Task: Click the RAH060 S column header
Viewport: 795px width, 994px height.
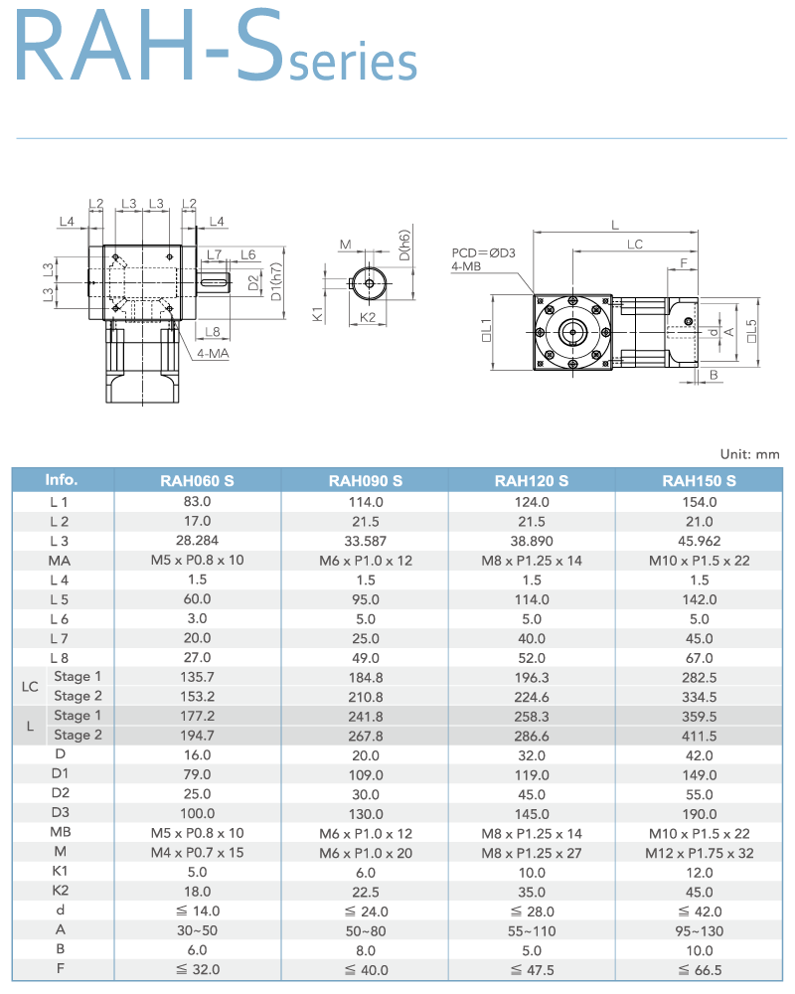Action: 197,481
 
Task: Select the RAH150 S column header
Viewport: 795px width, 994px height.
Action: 699,481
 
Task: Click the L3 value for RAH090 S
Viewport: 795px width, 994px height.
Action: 365,541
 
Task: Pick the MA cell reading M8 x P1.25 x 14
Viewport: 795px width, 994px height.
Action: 532,560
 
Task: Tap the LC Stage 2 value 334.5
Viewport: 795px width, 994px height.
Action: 699,696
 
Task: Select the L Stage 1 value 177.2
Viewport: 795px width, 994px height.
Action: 197,716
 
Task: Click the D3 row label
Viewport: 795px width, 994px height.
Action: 61,813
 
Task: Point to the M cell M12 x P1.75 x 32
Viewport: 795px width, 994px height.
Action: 699,852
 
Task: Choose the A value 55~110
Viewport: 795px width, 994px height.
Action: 532,929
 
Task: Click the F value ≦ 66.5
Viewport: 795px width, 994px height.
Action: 699,969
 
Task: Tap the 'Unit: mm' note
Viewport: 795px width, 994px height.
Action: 750,453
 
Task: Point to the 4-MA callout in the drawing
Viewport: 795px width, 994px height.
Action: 212,353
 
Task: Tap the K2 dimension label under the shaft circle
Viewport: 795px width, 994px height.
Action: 368,317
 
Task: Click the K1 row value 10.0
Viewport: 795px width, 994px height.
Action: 532,872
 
